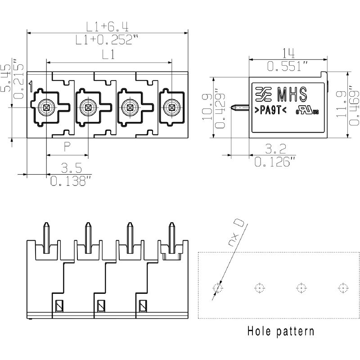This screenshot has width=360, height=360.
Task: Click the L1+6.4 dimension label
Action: [107, 26]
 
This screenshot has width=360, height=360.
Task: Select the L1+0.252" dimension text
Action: [107, 40]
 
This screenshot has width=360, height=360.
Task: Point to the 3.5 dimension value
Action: [71, 169]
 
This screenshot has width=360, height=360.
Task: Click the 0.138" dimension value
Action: [71, 181]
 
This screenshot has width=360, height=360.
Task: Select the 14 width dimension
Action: [288, 54]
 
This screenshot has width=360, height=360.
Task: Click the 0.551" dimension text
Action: [288, 66]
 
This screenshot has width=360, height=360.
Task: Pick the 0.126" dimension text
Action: [275, 161]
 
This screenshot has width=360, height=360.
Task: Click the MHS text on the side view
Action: [292, 95]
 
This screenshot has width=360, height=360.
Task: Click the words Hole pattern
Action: [280, 332]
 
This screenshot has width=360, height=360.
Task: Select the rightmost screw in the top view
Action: [171, 107]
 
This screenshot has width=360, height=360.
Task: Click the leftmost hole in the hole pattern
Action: [217, 288]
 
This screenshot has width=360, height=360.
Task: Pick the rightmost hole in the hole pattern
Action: [342, 288]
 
